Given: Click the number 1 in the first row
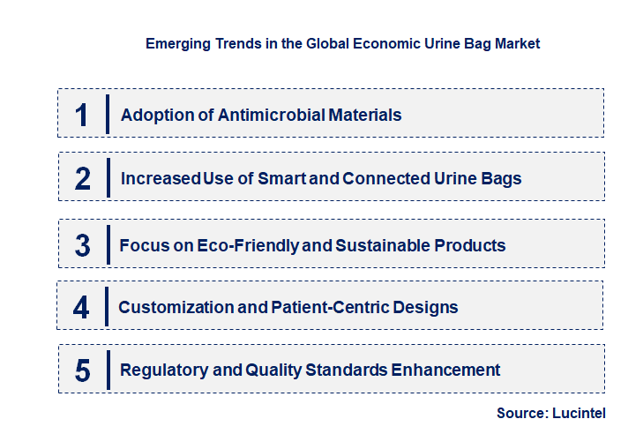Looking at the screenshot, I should pyautogui.click(x=82, y=115).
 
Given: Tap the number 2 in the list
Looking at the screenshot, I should pyautogui.click(x=83, y=178).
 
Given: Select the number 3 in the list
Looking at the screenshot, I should pyautogui.click(x=83, y=245).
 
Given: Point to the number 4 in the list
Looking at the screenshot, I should pyautogui.click(x=82, y=307).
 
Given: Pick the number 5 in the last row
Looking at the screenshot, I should pyautogui.click(x=83, y=370).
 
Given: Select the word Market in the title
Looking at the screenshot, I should pyautogui.click(x=515, y=42).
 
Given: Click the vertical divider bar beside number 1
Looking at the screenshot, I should pyautogui.click(x=107, y=114).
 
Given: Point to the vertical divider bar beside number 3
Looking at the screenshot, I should pyautogui.click(x=107, y=244).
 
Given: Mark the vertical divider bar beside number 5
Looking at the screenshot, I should pyautogui.click(x=107, y=369).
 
